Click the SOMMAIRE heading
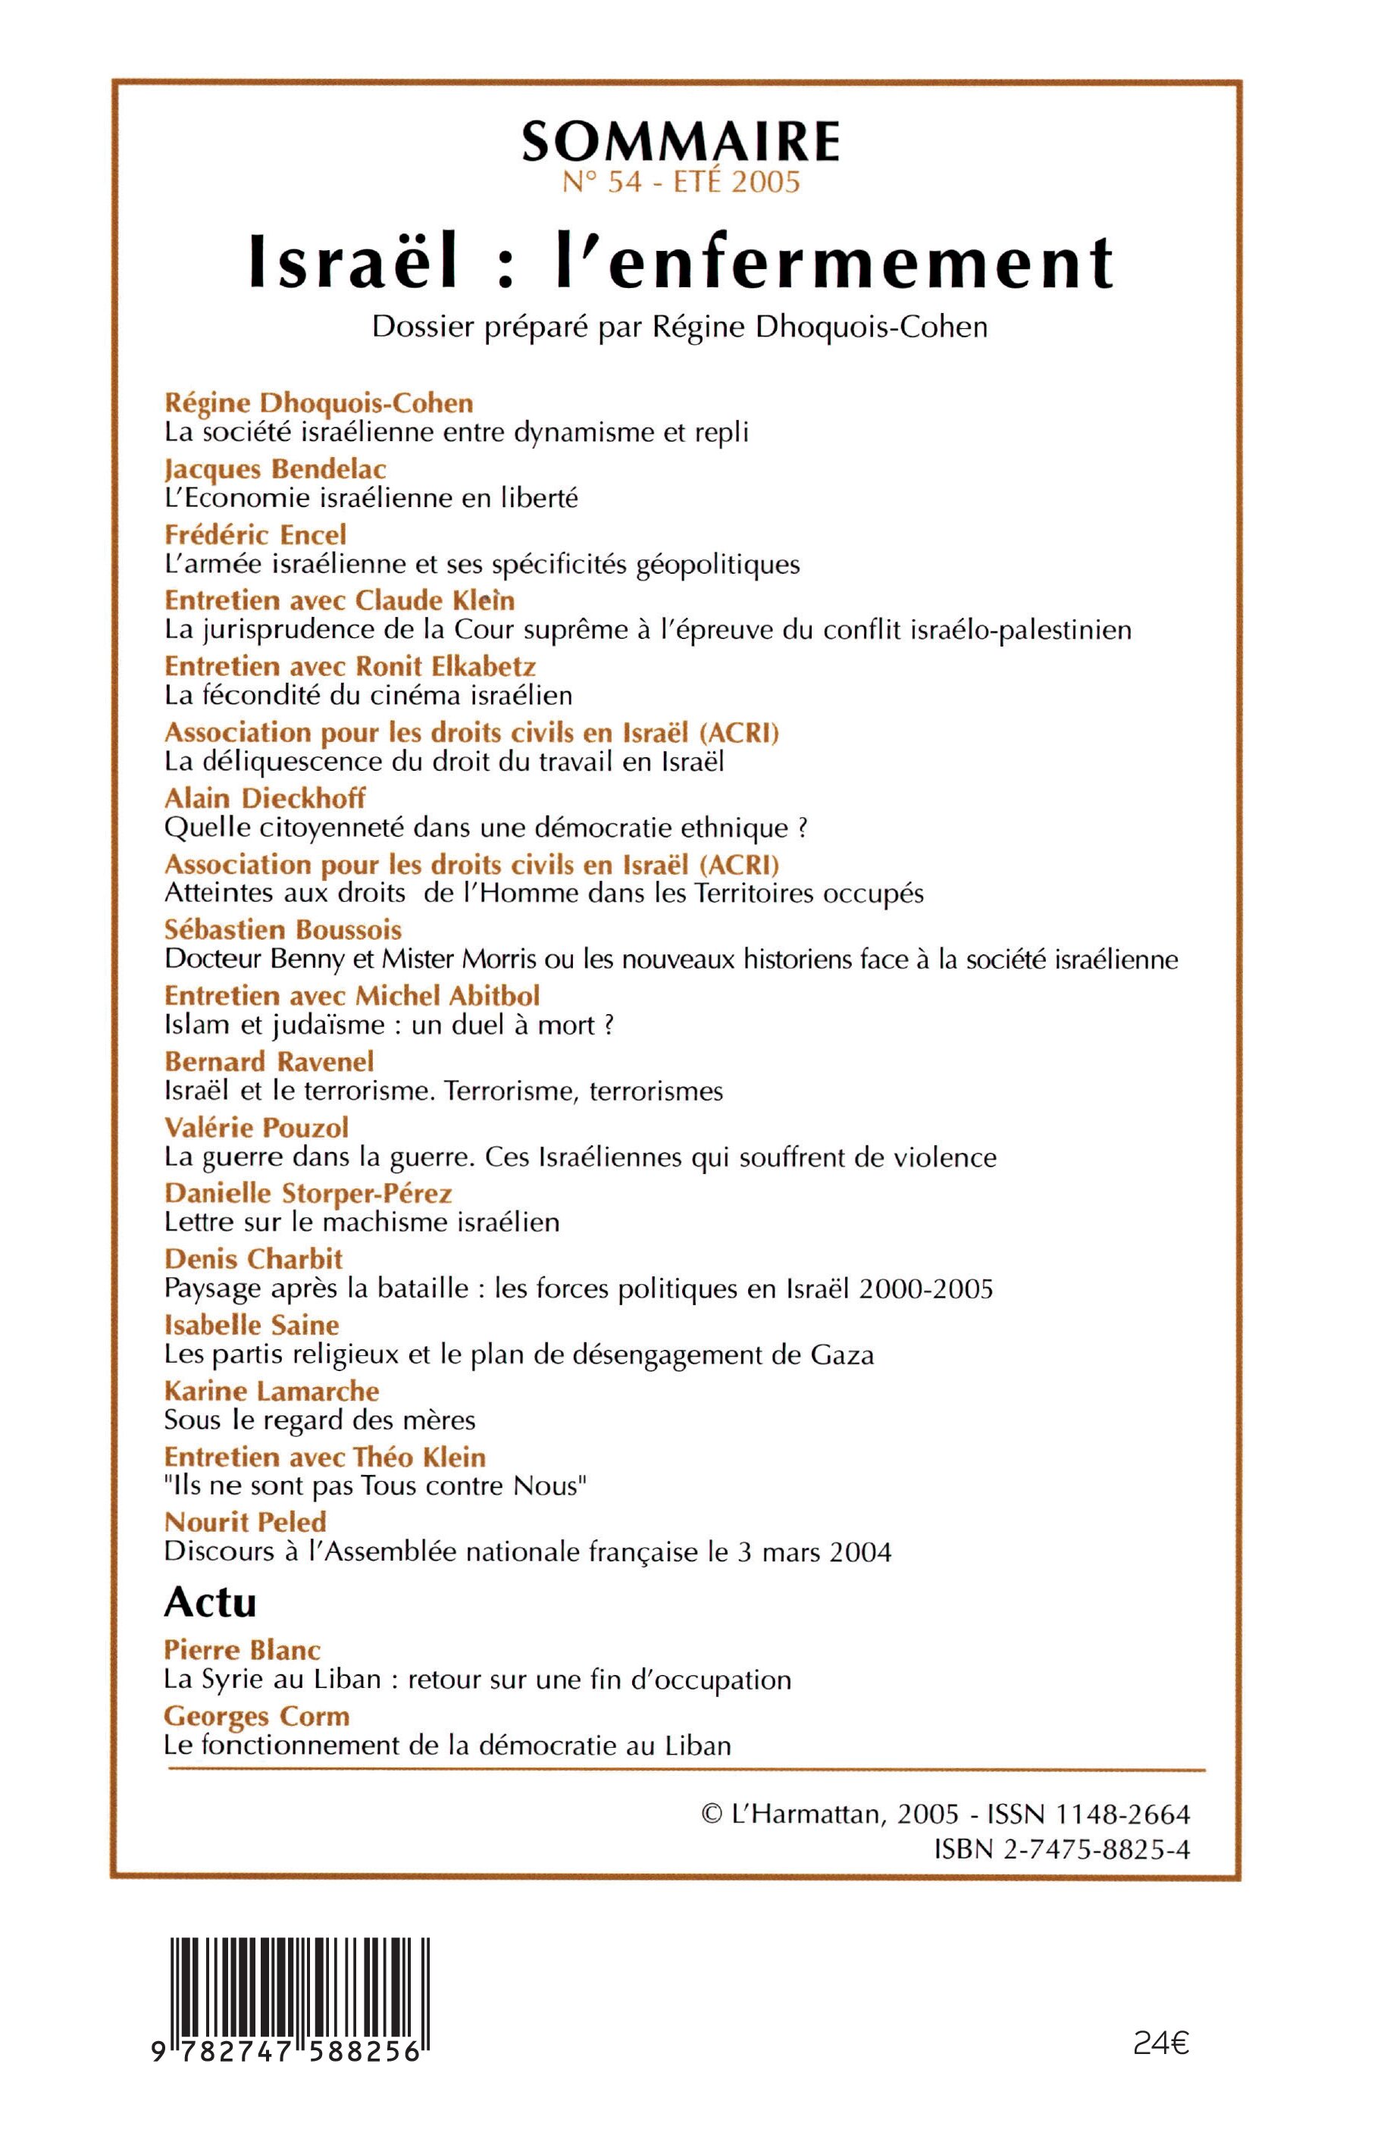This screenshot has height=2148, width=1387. pyautogui.click(x=681, y=142)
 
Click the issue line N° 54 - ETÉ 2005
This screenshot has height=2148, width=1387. pyautogui.click(x=681, y=183)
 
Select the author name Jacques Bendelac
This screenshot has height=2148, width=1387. pyautogui.click(x=276, y=469)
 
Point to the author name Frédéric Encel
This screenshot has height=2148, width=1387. pyautogui.click(x=255, y=535)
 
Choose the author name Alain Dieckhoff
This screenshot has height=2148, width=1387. pyautogui.click(x=265, y=798)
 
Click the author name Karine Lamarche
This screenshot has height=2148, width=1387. pyautogui.click(x=271, y=1391)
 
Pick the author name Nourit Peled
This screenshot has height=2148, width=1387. pyautogui.click(x=245, y=1522)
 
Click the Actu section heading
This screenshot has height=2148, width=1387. pyautogui.click(x=210, y=1603)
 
